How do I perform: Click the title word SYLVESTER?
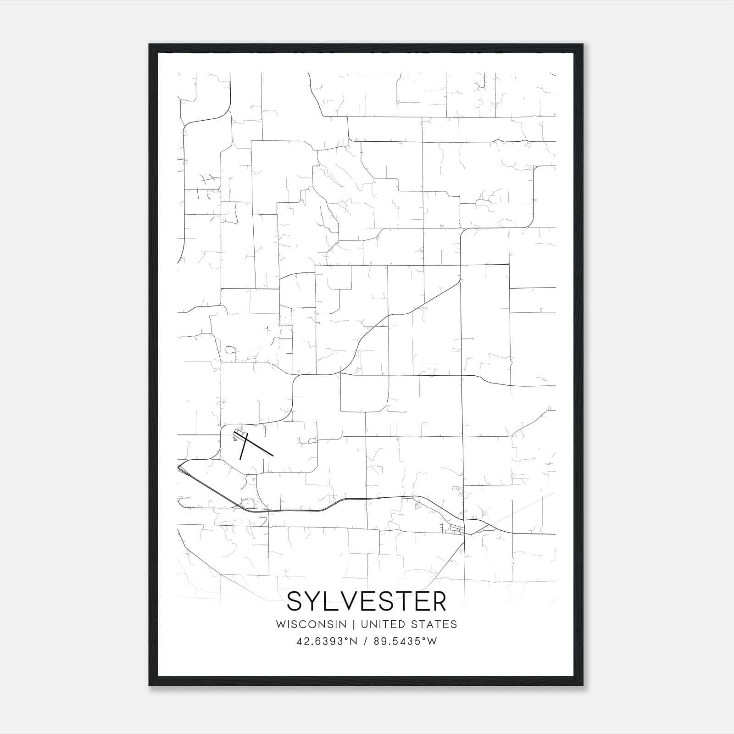click(367, 601)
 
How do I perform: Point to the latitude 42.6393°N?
click(327, 641)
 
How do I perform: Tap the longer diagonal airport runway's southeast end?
click(272, 455)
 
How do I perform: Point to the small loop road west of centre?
click(230, 350)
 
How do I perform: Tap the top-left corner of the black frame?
click(149, 44)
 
